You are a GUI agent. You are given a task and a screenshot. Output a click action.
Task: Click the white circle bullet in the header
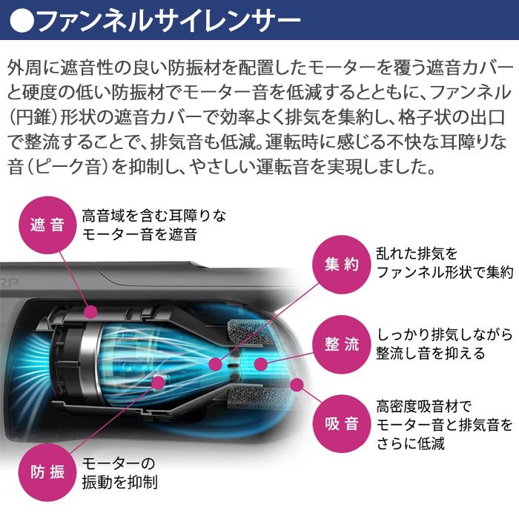tap(22, 20)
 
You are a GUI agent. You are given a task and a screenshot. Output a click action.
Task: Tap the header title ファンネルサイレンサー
tap(170, 20)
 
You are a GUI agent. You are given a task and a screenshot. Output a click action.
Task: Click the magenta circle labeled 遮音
tap(47, 225)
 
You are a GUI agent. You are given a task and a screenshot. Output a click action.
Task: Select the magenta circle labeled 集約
tap(342, 265)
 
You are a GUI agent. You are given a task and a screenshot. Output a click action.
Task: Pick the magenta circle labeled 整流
tap(342, 344)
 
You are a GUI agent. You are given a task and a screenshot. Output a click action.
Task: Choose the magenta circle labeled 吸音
tap(342, 424)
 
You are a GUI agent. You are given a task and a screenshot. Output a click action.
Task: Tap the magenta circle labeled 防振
tap(47, 472)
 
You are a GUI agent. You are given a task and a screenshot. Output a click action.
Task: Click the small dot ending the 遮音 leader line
tap(90, 312)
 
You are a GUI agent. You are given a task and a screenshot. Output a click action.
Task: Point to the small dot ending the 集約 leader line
tap(216, 364)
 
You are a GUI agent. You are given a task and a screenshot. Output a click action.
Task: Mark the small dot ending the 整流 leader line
tap(261, 364)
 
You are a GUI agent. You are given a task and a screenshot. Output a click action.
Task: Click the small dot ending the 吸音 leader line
tap(297, 385)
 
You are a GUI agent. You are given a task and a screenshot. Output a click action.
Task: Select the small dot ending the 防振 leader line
tap(158, 383)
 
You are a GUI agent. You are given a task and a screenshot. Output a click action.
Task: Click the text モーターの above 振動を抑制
tap(119, 463)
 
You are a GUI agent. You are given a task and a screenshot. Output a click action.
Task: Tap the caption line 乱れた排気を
tap(417, 254)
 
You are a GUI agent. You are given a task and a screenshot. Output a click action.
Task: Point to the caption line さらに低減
tap(411, 443)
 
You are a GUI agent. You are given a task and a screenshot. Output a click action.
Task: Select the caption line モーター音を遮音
tap(139, 235)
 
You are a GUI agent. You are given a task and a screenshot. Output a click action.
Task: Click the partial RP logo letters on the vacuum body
tap(9, 282)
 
